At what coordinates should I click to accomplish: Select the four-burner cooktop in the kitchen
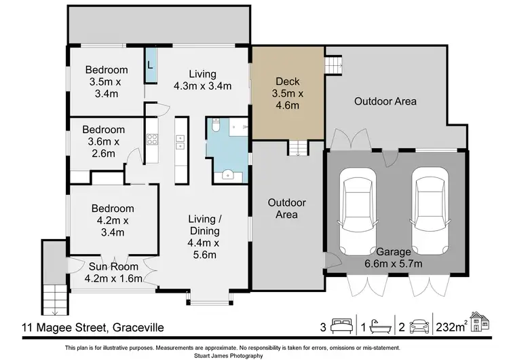152,141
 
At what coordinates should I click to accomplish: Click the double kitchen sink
181,141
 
